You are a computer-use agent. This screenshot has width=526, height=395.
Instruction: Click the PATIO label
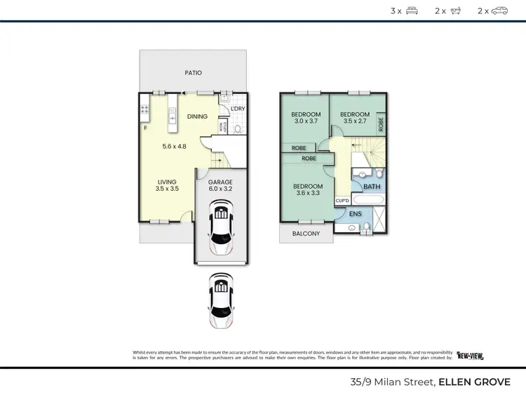click(x=193, y=72)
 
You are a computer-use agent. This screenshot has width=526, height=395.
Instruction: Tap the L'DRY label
click(x=236, y=108)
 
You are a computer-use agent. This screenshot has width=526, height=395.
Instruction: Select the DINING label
click(x=197, y=116)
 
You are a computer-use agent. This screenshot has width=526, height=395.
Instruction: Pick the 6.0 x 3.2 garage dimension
click(x=220, y=189)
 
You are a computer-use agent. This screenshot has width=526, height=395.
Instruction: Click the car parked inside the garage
click(x=221, y=227)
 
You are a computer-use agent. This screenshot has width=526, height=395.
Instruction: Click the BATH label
click(x=371, y=187)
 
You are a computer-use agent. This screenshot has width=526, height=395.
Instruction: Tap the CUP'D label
click(x=343, y=200)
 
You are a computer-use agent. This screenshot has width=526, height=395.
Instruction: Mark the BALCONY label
click(x=306, y=234)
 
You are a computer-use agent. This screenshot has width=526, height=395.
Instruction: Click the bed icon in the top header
click(x=412, y=11)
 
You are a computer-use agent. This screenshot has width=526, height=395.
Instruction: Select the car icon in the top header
click(x=499, y=11)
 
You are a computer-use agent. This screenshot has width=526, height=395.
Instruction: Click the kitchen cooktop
click(x=145, y=109)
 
